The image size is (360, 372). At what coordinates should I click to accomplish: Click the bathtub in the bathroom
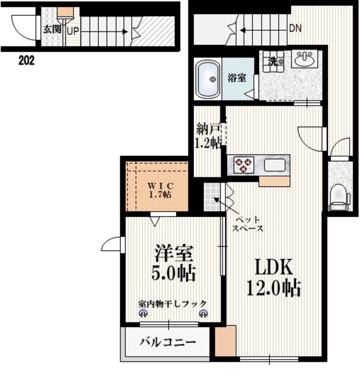pos(207,79)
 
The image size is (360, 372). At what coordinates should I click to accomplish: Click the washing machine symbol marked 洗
pos(272,60)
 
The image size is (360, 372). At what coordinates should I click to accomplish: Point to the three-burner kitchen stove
pos(243,164)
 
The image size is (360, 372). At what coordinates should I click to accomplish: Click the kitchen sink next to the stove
pos(275,164)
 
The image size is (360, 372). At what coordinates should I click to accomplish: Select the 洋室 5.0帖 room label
pos(174,262)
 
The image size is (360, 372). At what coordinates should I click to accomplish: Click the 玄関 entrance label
pos(48,28)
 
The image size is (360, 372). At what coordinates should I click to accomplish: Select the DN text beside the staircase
pos(295,28)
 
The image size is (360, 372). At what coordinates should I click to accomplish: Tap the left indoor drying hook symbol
pos(143,313)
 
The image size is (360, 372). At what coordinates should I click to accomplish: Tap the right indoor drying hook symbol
pos(203,313)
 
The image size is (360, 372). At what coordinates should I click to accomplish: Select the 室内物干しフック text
pos(172,303)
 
